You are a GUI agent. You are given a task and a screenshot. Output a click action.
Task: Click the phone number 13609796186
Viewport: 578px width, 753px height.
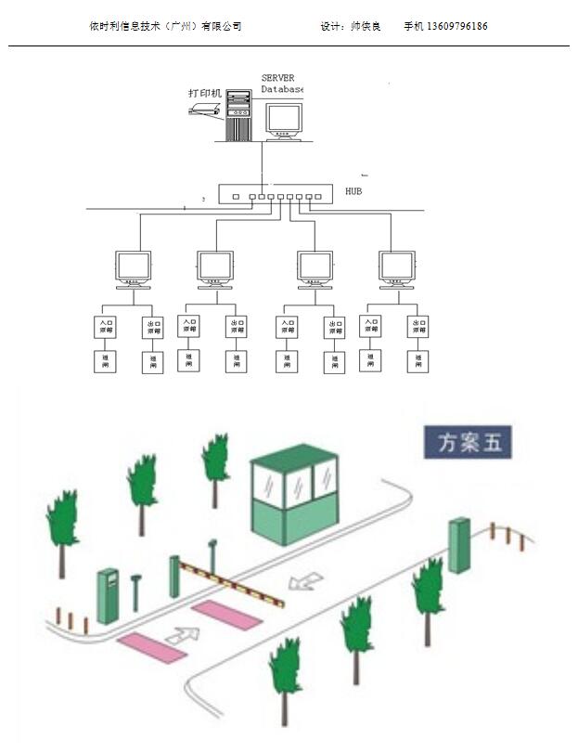pos(457,27)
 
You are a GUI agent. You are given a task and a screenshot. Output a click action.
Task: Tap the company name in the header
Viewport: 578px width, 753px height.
pos(165,27)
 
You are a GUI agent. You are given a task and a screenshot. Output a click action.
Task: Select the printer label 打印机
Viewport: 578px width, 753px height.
pos(205,93)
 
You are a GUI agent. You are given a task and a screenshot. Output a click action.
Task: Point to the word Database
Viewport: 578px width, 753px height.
pos(282,89)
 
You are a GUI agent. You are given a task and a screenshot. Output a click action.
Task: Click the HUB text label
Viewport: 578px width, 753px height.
pos(353,192)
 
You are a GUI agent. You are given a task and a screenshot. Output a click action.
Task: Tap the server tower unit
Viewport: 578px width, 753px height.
pos(238,114)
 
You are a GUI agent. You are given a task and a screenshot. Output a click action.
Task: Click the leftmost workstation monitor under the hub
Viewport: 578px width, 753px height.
pos(133,268)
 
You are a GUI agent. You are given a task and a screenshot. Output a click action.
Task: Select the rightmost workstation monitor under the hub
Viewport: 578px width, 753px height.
pos(398,268)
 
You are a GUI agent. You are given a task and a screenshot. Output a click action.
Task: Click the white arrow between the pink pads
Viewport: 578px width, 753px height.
pos(186,639)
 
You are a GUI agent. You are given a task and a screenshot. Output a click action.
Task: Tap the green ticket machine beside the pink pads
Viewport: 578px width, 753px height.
pos(109,596)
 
